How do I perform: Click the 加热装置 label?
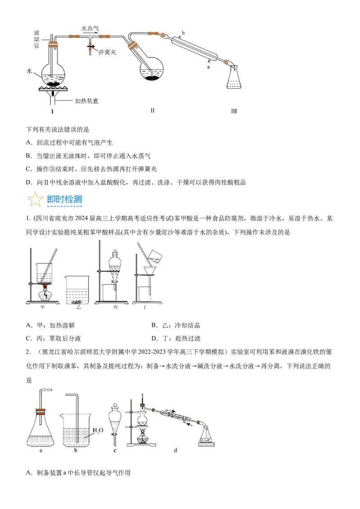tap(86, 101)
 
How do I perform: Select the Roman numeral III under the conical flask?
tap(234, 111)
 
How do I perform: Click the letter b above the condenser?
tap(183, 33)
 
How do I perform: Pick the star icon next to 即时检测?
tap(35, 200)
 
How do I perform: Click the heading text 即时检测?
tap(64, 200)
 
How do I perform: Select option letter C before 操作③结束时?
tap(29, 169)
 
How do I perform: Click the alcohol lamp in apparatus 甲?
tap(45, 295)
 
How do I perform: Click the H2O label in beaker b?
tap(98, 431)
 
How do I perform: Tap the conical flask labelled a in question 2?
tap(41, 432)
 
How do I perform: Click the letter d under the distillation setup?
tap(175, 450)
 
